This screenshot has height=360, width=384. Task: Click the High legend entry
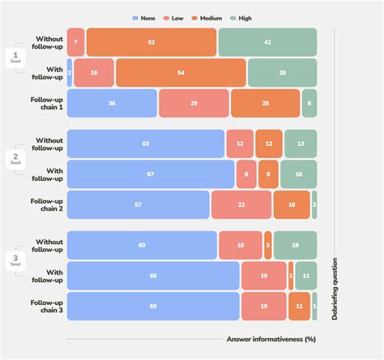tap(241, 17)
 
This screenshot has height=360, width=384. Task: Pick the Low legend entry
tap(173, 17)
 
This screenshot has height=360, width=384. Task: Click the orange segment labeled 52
tap(151, 42)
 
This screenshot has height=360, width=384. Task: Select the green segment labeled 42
tap(267, 42)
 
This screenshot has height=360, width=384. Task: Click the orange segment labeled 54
tap(181, 72)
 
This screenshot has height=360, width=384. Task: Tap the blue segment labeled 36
tap(112, 103)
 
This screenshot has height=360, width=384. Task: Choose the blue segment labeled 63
tap(146, 144)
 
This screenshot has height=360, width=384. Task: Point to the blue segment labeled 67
tap(151, 174)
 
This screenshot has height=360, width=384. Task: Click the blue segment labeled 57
tap(138, 205)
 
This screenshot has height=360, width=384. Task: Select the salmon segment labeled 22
tap(241, 205)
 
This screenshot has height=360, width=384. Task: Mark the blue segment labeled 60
tap(142, 245)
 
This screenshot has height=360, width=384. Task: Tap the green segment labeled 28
tap(282, 72)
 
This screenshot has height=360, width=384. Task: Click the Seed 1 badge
tap(15, 58)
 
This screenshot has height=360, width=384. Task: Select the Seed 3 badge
tap(15, 261)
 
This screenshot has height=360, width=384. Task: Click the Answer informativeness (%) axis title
tap(270, 339)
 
